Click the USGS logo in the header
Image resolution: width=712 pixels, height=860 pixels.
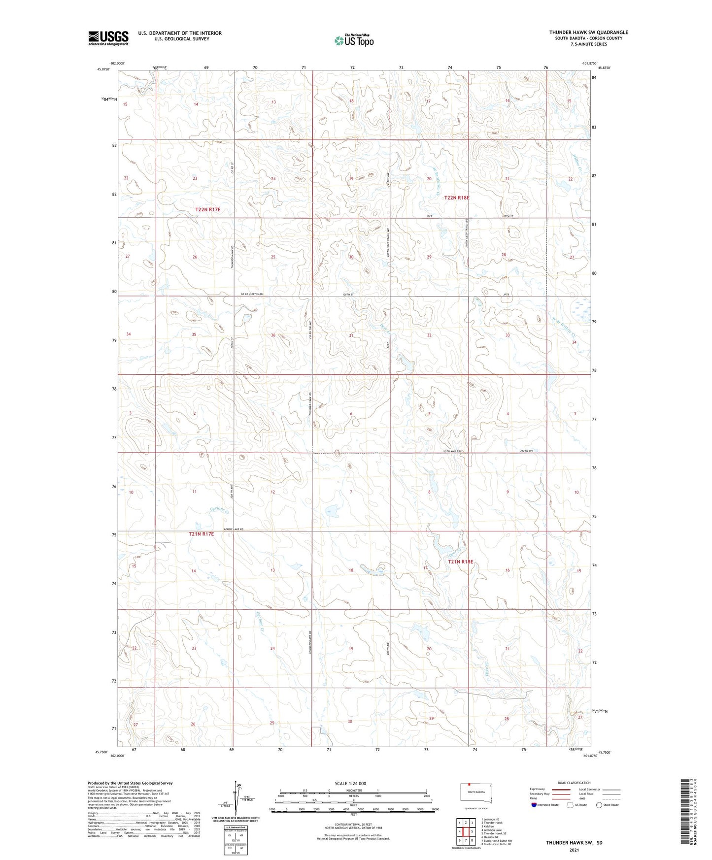coord(108,38)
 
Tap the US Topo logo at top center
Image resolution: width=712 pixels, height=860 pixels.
coord(354,40)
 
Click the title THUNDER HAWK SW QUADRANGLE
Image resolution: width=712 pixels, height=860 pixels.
coord(588,33)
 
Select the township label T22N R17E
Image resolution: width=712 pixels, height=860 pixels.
coord(207,210)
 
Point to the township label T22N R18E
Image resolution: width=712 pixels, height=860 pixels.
coord(457,198)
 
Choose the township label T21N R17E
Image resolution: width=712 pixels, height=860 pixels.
coord(202,534)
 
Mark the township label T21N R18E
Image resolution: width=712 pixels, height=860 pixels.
coord(460,562)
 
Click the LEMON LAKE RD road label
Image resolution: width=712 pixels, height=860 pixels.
coord(234,529)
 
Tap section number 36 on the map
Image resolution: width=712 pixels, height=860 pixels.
coord(273,335)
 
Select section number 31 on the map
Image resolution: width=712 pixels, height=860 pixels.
coord(351,335)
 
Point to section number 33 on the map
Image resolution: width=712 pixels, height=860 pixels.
coord(507,335)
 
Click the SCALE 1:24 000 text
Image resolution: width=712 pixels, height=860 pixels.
coord(350,783)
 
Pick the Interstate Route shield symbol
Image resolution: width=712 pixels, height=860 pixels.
coord(534,805)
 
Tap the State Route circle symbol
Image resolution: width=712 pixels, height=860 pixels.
coord(599,805)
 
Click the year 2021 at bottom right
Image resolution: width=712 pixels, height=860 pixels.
coord(574,850)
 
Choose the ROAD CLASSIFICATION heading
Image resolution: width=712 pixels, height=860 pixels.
coord(574,783)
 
